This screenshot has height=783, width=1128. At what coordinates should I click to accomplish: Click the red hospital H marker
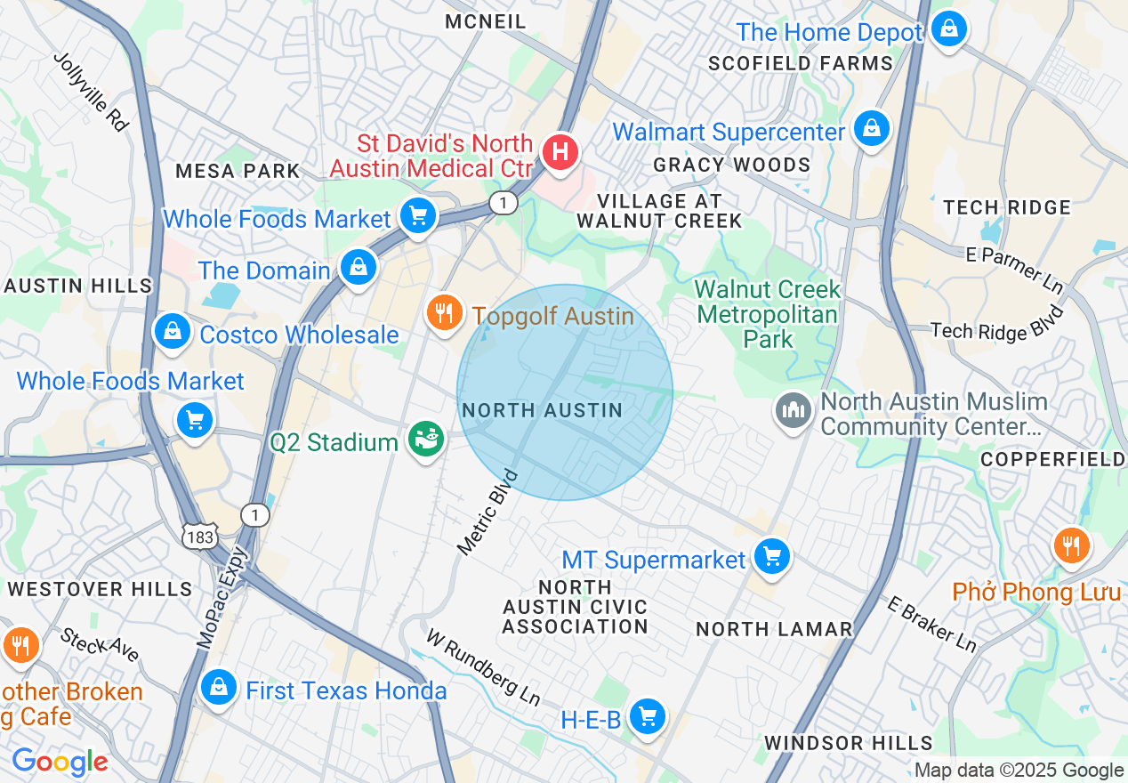[x=560, y=151]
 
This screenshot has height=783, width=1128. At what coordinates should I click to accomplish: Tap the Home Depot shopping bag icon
[x=949, y=30]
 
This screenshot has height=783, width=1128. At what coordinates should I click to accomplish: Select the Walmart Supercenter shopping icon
[x=872, y=129]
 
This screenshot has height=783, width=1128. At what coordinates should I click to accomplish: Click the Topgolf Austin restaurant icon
[x=444, y=312]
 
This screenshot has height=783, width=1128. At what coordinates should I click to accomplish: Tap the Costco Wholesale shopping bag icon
[x=173, y=332]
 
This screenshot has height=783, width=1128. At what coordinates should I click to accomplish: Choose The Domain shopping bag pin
[x=358, y=267]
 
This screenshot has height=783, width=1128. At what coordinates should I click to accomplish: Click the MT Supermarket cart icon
[x=771, y=557]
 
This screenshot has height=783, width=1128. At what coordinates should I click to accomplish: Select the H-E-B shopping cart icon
[x=647, y=716]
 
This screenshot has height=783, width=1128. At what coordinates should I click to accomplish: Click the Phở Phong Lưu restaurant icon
[x=1071, y=546]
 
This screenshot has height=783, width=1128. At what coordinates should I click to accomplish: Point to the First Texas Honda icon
[x=218, y=687]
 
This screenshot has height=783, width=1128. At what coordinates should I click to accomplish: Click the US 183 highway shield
[x=200, y=536]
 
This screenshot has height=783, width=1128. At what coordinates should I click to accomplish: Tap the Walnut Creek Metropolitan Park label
[x=768, y=314]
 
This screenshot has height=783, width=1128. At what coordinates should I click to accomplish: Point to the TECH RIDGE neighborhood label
[x=1007, y=207]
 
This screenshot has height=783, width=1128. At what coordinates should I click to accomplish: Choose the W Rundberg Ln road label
[x=483, y=666]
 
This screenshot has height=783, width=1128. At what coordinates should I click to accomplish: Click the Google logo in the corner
[x=60, y=762]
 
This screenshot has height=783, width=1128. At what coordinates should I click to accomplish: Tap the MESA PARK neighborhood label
[x=238, y=171]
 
